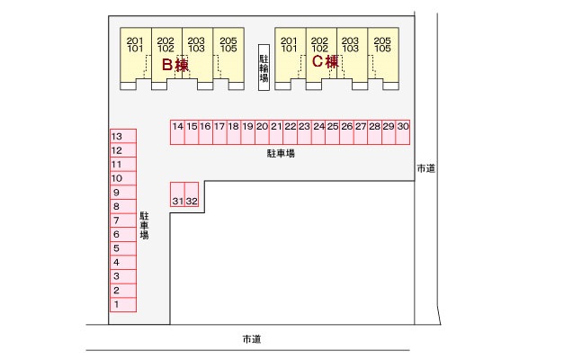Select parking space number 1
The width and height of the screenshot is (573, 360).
tap(122, 304)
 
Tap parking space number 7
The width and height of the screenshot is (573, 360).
tap(122, 220)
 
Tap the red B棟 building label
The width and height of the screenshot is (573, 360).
tap(175, 65)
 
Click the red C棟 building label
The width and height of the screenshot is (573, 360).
tap(326, 62)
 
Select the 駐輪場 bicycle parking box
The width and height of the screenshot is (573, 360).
tap(264, 66)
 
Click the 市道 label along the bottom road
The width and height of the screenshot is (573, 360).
tap(251, 339)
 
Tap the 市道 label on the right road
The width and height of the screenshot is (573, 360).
tap(426, 168)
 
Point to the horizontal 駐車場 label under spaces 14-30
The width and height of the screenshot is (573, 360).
tap(281, 154)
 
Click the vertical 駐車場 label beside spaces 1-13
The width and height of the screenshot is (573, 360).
tap(144, 225)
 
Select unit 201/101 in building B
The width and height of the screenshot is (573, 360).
tap(135, 46)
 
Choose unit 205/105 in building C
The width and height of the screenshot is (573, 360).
tap(382, 46)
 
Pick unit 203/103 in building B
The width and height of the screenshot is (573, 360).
tap(197, 46)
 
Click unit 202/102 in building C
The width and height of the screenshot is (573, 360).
tap(319, 46)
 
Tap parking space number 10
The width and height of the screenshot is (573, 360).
tap(122, 178)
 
